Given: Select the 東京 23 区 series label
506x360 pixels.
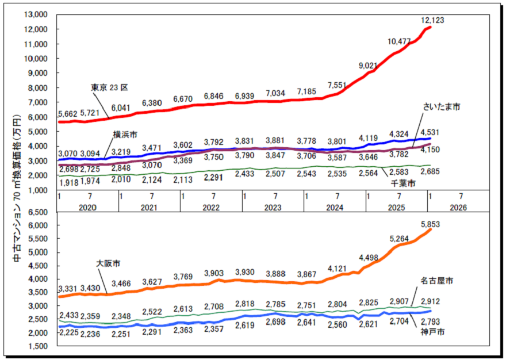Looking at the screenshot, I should point(109,87).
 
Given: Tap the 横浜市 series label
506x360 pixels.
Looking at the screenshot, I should point(125,135).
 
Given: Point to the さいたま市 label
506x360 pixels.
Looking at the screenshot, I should point(442,107).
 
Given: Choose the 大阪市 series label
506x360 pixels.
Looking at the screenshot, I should point(107,264).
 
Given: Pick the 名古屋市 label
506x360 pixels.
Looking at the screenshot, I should point(436,281).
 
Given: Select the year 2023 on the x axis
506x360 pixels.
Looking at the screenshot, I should point(273,206).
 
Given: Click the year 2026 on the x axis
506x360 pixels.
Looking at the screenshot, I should point(458,206).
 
